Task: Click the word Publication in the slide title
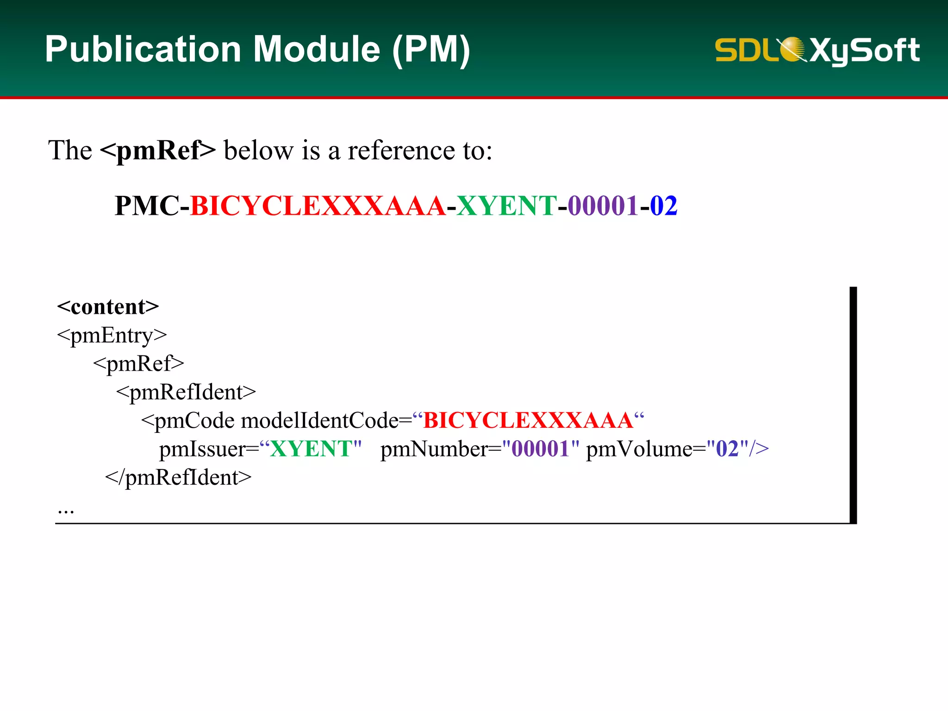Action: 143,50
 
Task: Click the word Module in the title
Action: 317,50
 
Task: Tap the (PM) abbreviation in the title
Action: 431,50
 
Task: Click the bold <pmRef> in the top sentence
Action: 158,150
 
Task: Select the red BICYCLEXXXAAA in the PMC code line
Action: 318,206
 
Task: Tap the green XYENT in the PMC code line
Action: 506,206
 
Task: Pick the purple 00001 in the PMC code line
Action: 603,206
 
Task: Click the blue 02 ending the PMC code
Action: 664,206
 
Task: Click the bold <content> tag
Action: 108,307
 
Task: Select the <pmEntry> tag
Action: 112,336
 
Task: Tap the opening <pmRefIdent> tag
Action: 186,393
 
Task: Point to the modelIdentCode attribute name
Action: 320,421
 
